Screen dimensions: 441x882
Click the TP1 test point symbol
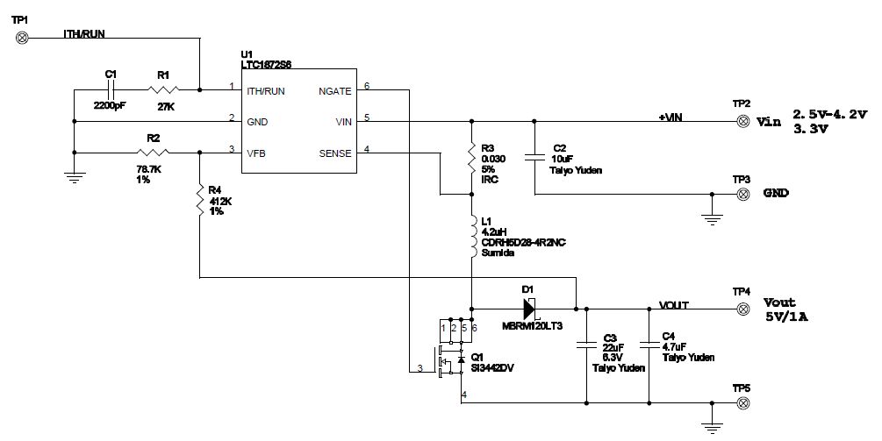click(x=24, y=37)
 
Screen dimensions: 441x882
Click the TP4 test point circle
click(x=742, y=308)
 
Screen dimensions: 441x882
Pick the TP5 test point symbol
click(x=742, y=403)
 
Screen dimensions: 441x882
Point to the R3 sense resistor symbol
click(x=472, y=158)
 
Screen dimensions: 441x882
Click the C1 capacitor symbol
click(x=111, y=89)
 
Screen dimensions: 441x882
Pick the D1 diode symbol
click(x=529, y=308)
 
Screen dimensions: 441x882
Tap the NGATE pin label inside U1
click(x=333, y=90)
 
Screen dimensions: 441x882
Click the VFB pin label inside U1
click(x=258, y=153)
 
